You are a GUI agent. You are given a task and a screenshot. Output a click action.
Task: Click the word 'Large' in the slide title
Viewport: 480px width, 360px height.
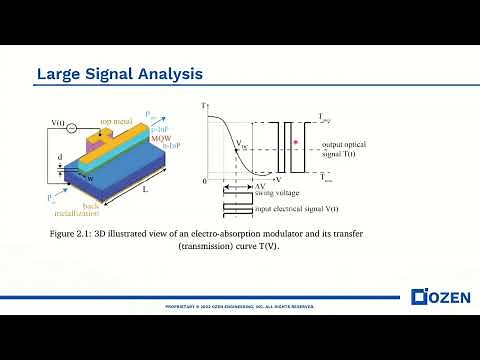point(58,74)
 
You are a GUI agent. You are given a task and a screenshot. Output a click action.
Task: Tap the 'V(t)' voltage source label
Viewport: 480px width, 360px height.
point(57,126)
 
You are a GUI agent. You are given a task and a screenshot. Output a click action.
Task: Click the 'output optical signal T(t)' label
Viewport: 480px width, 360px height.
point(328,150)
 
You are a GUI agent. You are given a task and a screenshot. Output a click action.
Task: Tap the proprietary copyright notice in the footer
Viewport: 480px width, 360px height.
point(239,304)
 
